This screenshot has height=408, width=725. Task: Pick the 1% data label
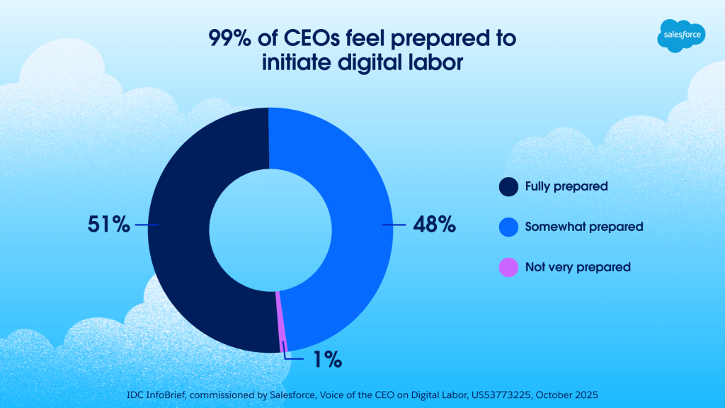pos(327,360)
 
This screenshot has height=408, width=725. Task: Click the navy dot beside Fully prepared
pos(508,187)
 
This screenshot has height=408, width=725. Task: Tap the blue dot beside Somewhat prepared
pos(508,227)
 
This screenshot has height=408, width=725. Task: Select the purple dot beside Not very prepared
pos(508,268)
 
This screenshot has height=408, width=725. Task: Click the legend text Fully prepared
pos(566,187)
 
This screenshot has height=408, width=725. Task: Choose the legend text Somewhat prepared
pos(583,227)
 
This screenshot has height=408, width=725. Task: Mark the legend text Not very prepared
pos(577,268)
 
